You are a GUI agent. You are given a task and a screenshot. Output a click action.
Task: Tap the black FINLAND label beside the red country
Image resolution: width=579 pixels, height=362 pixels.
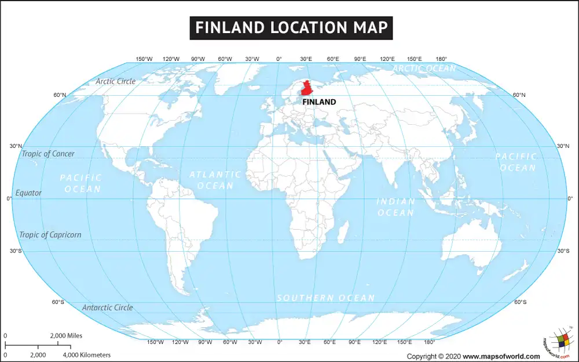coord(319,102)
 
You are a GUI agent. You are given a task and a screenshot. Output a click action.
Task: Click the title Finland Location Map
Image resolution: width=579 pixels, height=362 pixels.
coord(291,28)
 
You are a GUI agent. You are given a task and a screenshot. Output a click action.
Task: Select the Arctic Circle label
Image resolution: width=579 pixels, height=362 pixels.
coord(116,81)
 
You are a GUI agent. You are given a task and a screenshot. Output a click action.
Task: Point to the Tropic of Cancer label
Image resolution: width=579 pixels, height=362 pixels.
coord(48,154)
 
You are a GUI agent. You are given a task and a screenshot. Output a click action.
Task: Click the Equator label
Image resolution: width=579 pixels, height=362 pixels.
coord(28,193)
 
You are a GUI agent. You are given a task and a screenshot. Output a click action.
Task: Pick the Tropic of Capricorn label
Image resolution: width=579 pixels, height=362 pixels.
coord(50,235)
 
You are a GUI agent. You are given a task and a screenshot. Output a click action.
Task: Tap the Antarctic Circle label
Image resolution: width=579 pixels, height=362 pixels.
coord(107,307)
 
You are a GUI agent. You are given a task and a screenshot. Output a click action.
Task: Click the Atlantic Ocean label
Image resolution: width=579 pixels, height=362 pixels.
coord(215,180)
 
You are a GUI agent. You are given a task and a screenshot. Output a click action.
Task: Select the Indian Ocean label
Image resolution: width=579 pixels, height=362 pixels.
coord(396,207)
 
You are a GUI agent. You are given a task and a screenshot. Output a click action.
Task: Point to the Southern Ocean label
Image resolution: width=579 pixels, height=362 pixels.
coord(325,298)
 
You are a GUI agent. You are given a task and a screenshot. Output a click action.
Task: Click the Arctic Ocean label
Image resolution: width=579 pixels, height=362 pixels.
coord(424,68)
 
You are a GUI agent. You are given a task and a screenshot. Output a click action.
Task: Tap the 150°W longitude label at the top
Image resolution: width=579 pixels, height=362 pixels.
coord(144,59)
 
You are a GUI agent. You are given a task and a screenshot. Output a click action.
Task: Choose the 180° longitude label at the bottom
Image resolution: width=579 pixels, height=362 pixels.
coord(430,342)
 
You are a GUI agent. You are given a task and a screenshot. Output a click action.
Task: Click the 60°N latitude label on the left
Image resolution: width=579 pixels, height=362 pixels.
coord(60,95)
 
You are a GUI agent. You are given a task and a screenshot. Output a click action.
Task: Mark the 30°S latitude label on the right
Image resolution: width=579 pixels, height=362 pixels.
coord(563,251)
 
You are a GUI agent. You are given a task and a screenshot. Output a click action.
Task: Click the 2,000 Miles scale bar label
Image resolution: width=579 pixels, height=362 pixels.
coord(66,336)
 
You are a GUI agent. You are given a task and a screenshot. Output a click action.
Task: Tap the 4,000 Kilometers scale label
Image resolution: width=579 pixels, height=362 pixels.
coord(86,354)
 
